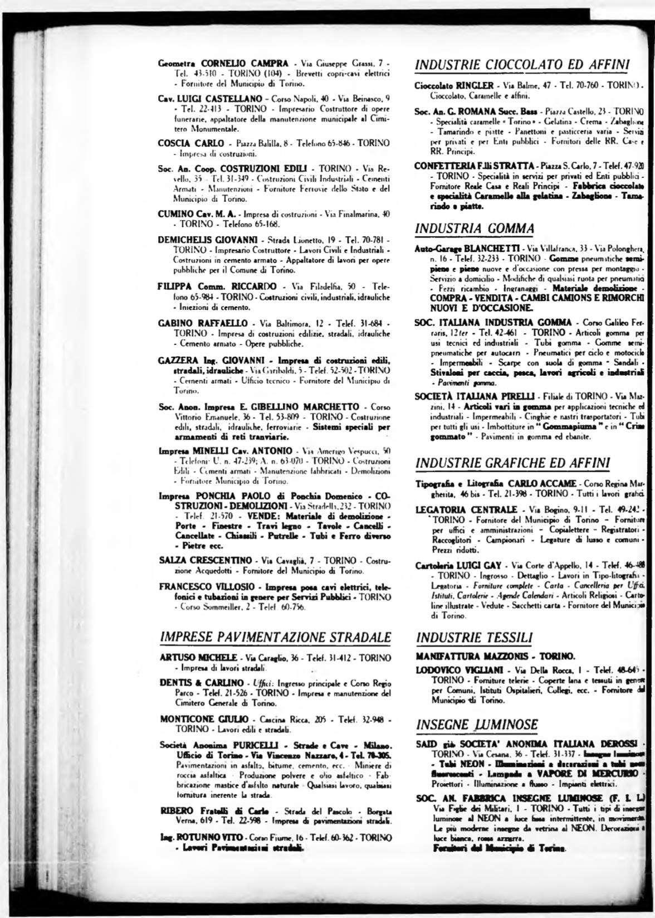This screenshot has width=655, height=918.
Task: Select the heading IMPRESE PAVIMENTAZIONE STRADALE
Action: click(275, 637)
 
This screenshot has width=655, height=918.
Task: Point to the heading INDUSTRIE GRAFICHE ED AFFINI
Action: click(513, 463)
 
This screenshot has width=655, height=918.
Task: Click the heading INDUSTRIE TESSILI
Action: click(475, 637)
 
